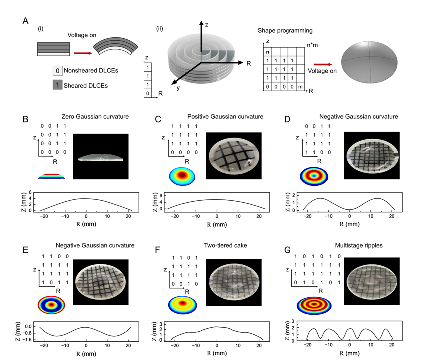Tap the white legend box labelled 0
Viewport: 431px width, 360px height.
[x=58, y=71]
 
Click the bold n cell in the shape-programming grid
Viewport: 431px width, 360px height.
[x=268, y=51]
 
